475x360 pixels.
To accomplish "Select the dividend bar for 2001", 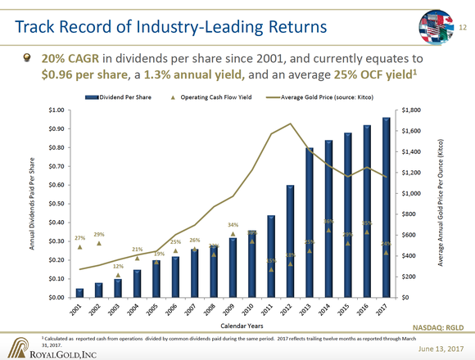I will click(79, 293).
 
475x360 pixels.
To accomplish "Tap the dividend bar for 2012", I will click(290, 241).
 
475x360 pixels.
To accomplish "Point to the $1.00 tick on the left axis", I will click(57, 110).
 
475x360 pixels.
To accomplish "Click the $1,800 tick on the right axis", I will click(409, 110).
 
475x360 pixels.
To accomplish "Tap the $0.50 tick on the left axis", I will click(57, 204).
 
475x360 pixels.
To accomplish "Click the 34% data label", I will click(233, 224).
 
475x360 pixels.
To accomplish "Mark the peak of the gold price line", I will click(290, 124).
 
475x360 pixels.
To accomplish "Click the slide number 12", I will click(462, 29).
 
